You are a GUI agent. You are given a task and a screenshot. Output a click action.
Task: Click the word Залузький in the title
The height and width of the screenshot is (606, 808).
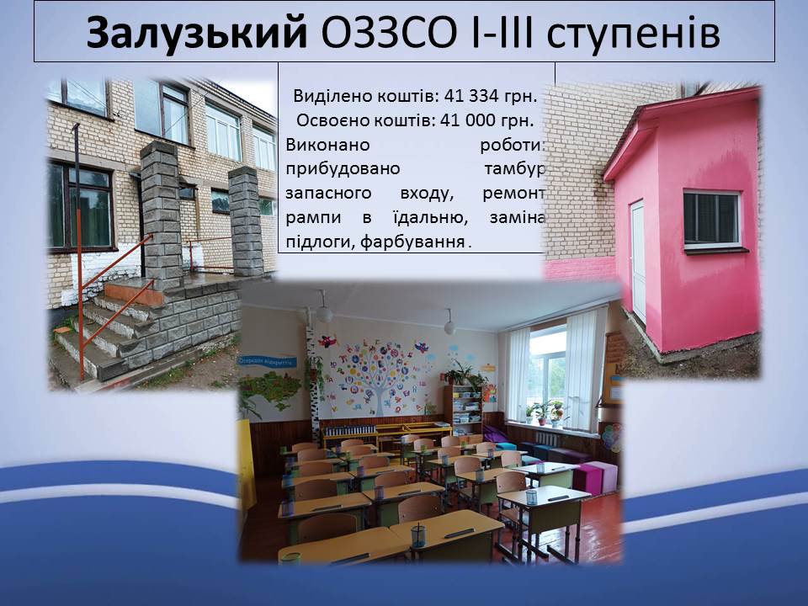click(196, 33)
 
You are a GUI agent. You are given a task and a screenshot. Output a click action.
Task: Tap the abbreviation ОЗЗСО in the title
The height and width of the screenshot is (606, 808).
click(389, 32)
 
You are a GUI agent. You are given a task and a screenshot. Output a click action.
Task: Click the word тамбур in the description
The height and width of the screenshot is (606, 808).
click(514, 169)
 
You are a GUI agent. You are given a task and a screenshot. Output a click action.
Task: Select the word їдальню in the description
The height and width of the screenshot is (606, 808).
click(428, 218)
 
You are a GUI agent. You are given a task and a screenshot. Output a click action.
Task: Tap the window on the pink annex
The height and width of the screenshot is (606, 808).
click(712, 220)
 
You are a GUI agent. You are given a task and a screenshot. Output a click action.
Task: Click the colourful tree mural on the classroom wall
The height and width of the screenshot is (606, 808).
click(378, 373)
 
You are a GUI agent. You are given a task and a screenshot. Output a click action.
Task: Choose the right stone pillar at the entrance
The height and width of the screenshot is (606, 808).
click(246, 221)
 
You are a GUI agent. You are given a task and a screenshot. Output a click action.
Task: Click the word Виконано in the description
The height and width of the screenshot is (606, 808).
click(327, 145)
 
